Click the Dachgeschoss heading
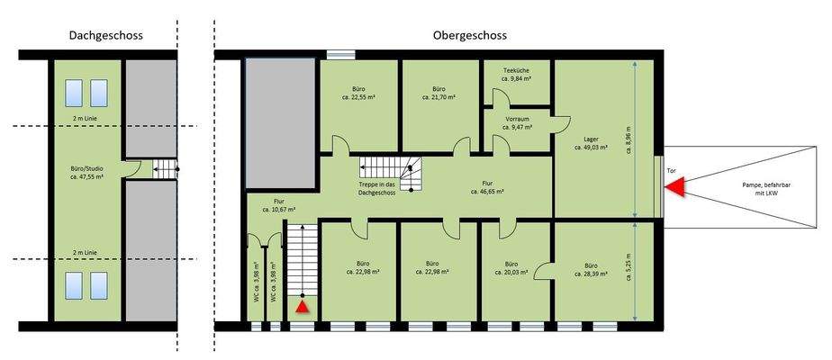pos(105,36)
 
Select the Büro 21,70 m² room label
pos(439,94)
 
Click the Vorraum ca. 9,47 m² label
pos(516,123)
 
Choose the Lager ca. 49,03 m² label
pos(591,144)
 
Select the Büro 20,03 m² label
pos(515,270)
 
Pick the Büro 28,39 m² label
pos(591,270)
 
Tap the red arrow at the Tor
pos(674,186)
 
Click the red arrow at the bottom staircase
pos(303,307)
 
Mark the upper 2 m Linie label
pos(86,118)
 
